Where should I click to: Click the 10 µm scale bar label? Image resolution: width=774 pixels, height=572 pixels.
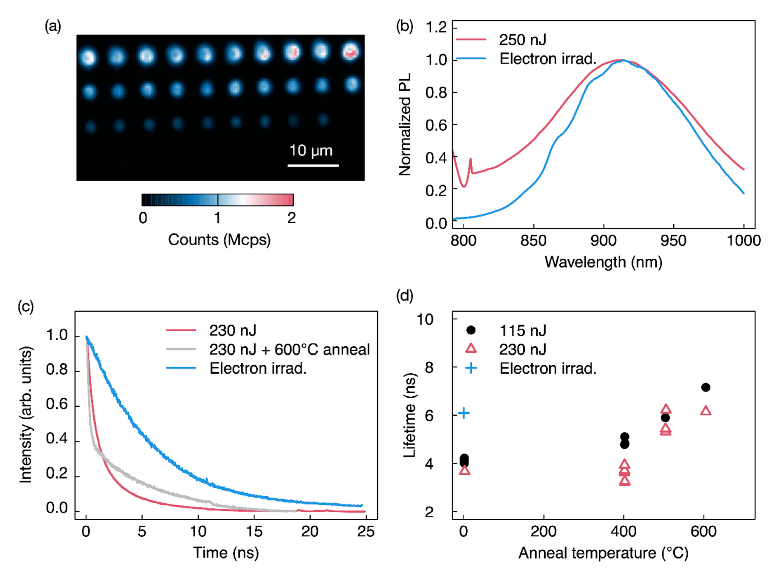pyautogui.click(x=311, y=151)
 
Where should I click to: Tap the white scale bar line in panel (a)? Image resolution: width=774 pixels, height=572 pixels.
pyautogui.click(x=313, y=166)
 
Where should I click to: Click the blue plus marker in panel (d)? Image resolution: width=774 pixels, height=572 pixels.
pyautogui.click(x=464, y=413)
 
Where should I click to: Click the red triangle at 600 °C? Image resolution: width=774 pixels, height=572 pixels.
pyautogui.click(x=705, y=411)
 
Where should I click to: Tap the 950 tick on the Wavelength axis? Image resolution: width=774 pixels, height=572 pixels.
pyautogui.click(x=673, y=240)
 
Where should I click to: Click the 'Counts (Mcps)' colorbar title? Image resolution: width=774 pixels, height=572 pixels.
pyautogui.click(x=219, y=240)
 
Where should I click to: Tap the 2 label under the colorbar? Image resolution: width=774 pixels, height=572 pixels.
pyautogui.click(x=291, y=218)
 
